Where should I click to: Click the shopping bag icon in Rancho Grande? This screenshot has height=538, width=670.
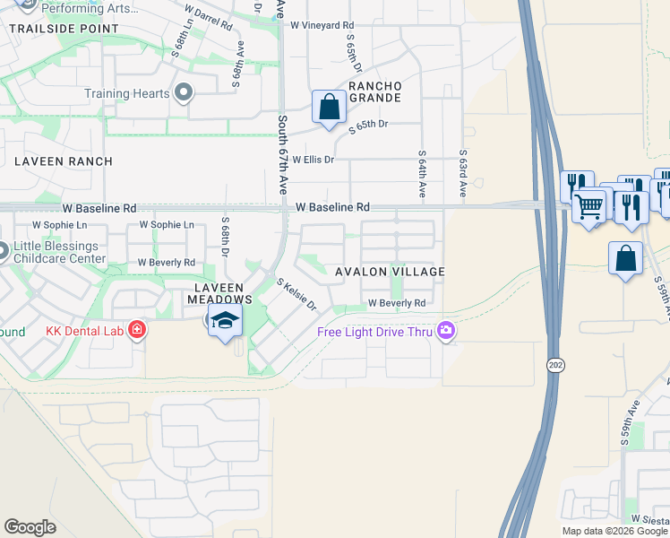pos(330,107)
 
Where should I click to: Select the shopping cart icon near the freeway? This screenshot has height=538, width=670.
pos(588,206)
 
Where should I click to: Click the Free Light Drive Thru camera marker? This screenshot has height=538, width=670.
pos(446,333)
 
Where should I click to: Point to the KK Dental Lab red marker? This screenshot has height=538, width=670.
pos(136,331)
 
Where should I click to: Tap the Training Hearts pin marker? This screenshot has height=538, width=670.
pos(185,93)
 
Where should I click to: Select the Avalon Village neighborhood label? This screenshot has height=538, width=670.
pos(390,272)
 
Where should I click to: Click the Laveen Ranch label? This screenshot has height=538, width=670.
pos(63,161)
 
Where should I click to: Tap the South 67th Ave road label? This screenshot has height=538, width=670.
pos(282,155)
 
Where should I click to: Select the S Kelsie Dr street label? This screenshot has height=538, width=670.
pos(297,294)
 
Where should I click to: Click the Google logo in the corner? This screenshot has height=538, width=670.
pos(30,527)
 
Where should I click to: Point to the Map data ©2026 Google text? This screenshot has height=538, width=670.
pos(614,531)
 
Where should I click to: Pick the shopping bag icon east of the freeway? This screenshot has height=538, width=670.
pos(625,258)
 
